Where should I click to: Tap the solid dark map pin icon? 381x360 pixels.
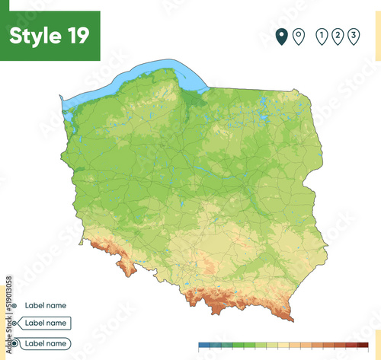point(281,36)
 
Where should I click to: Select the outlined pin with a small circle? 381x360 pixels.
point(298,36)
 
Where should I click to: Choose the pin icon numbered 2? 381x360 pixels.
point(337,36)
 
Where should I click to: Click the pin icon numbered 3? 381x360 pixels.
point(354,36)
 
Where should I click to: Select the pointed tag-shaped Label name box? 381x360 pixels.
point(45,323)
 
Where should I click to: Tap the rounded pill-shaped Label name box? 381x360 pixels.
point(45,343)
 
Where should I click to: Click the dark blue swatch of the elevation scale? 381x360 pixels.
point(203,346)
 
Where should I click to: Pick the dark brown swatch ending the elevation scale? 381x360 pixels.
point(363,346)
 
